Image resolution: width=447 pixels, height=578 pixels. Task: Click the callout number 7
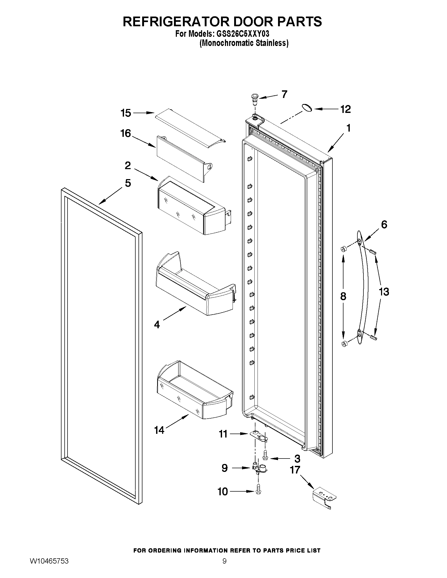click(284, 94)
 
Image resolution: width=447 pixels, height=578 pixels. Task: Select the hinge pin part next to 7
click(255, 98)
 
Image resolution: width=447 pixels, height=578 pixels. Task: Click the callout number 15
click(126, 113)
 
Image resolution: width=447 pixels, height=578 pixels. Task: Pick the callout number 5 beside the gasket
click(128, 183)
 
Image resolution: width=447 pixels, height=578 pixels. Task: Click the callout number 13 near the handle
click(384, 292)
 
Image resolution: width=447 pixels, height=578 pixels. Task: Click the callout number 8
click(343, 296)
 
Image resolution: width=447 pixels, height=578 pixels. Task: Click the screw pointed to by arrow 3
click(265, 455)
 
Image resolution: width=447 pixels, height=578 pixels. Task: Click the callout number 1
click(348, 128)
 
